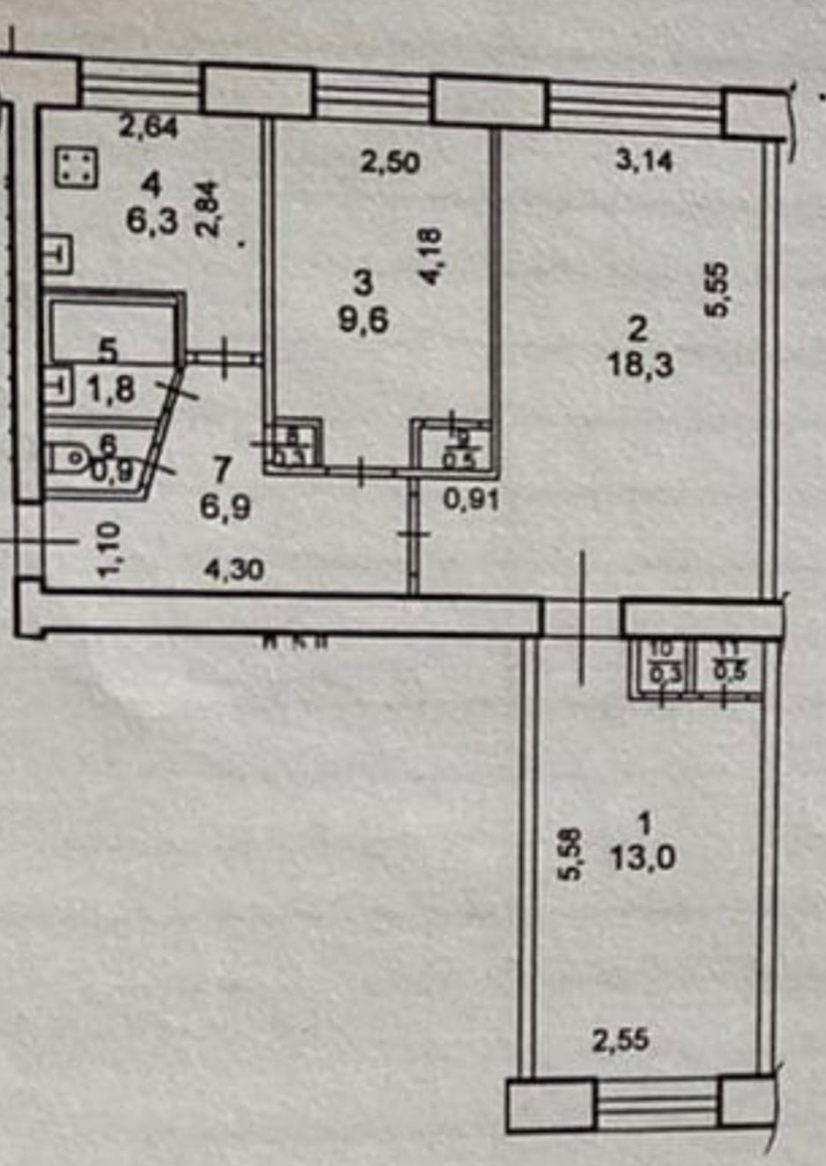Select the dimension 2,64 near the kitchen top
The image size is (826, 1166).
149,129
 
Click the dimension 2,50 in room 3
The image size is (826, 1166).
390,163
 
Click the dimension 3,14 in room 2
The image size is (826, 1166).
644,161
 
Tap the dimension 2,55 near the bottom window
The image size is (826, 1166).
621,1042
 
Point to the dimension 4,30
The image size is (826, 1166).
233,570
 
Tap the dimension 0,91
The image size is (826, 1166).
472,501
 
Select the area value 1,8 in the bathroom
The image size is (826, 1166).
112,389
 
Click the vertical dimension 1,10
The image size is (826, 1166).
109,550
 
